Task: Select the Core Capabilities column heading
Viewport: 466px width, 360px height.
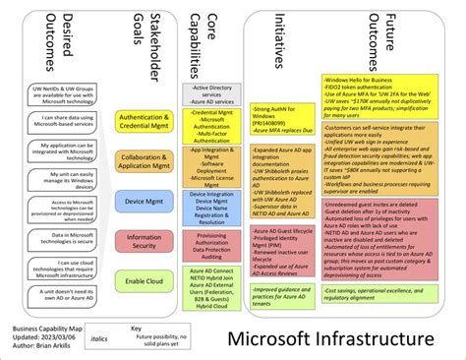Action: pos(201,39)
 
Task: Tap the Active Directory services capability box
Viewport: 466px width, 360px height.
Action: pos(201,91)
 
